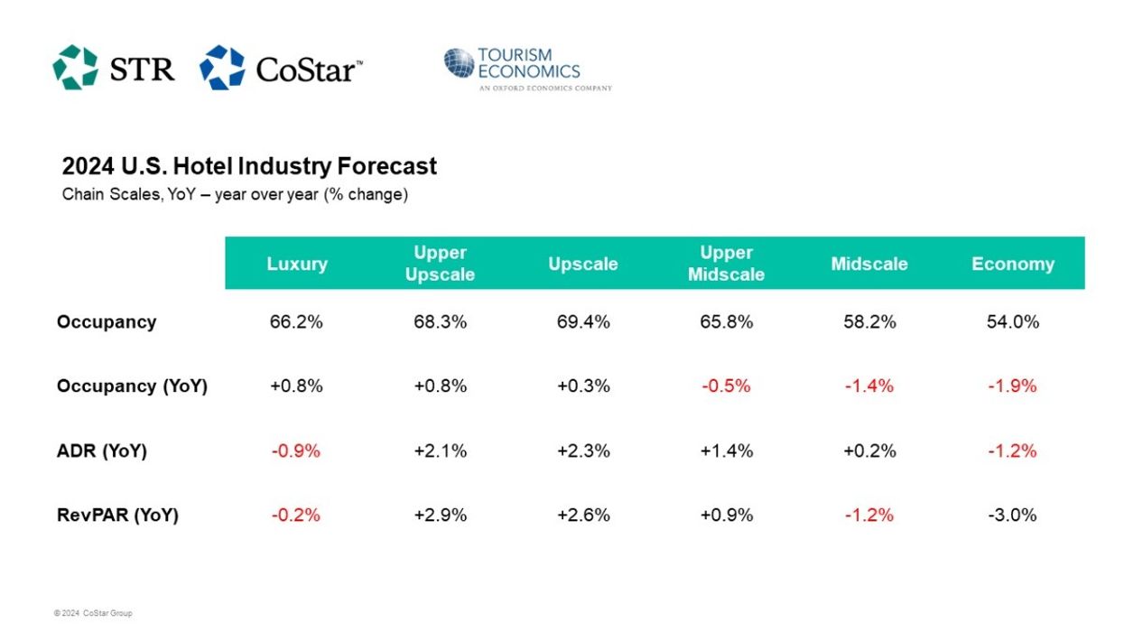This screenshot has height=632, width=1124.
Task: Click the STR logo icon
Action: point(75,68)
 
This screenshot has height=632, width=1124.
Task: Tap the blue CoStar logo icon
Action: point(222,68)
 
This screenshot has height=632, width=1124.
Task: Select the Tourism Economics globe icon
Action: point(459,64)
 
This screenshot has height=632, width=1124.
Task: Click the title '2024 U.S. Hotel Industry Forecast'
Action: point(249,166)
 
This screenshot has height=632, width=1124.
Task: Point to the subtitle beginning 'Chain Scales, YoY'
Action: point(235,194)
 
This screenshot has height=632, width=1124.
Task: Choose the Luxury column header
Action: point(297,264)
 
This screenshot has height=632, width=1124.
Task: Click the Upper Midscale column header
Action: point(726,264)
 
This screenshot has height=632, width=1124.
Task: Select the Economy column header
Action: point(1012,264)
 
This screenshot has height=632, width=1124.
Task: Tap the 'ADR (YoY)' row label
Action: point(101,451)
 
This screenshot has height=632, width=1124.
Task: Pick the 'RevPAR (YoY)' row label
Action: point(117,516)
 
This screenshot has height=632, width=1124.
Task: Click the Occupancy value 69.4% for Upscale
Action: point(583,321)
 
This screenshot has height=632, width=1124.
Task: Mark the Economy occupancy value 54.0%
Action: point(1012,321)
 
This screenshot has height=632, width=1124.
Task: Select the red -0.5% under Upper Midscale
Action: point(726,386)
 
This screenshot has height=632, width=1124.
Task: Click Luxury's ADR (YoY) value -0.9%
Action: point(296,451)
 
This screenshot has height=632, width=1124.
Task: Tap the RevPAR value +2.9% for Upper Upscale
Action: point(440,516)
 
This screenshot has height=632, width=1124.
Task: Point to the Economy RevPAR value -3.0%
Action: point(1012,516)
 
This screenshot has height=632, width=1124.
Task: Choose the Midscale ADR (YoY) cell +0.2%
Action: point(869,451)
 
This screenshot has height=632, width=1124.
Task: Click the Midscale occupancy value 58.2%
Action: point(869,321)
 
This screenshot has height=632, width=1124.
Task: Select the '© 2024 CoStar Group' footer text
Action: point(93,614)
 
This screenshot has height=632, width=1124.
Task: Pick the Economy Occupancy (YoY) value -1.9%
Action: point(1012,386)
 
